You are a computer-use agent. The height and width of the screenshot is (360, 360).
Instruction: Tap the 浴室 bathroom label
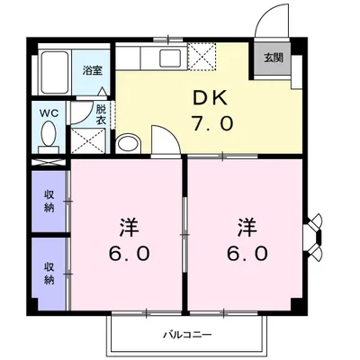[92, 69]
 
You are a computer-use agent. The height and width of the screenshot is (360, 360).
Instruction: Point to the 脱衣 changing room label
[102, 113]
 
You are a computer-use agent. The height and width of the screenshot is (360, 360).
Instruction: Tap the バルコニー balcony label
[180, 335]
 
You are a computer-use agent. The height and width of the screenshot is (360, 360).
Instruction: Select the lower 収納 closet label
[49, 273]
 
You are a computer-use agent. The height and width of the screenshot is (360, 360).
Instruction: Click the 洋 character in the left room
[129, 224]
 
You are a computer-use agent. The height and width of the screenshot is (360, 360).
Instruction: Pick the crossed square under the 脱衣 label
[87, 139]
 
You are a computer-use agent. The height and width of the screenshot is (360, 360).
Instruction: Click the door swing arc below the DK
[164, 138]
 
